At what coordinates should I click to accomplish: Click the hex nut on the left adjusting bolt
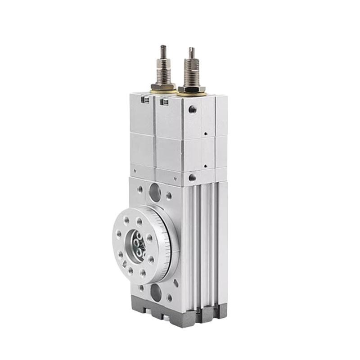coord(163,86)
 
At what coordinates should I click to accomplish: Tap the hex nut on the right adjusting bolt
coord(192,89)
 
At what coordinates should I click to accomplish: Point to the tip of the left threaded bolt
coord(163,48)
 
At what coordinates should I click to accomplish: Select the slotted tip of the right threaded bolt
coord(192,50)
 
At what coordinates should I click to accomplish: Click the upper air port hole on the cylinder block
coord(193,109)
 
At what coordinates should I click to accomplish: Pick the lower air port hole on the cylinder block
coord(192,177)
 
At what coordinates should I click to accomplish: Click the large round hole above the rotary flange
coord(155,192)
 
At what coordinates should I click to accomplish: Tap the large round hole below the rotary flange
coord(156,293)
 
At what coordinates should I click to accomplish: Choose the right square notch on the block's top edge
coord(164,103)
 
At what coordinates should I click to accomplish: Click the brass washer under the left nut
coord(163,91)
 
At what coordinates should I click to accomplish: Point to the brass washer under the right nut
coord(193,94)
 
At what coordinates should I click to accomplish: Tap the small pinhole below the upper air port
coord(204,134)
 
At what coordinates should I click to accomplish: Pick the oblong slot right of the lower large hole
coord(175,283)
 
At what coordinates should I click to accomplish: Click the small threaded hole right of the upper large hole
coord(169,196)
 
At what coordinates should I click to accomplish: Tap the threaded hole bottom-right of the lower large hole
coord(169,297)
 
